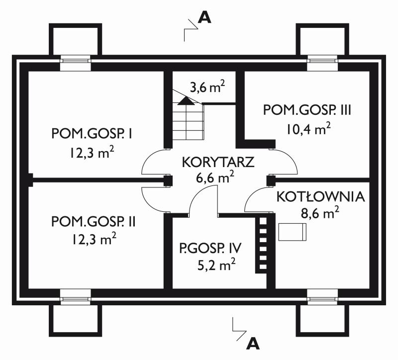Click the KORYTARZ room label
point(218,162)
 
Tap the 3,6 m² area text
point(207,87)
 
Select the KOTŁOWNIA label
point(320,196)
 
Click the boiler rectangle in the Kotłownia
point(293,232)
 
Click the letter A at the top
point(204,18)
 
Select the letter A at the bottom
point(253,344)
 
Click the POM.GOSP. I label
point(92,134)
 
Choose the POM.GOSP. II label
point(94,221)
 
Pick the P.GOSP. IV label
point(210,248)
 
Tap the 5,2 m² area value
point(216,266)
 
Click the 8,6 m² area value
point(320,213)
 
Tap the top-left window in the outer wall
point(76,63)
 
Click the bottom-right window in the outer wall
point(322,296)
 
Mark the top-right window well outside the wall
point(322,39)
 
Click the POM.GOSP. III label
point(307,110)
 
